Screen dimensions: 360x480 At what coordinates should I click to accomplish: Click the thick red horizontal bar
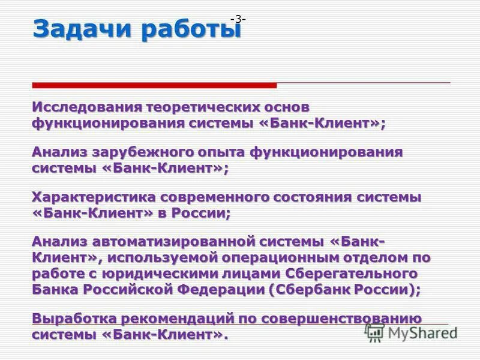click(x=154, y=85)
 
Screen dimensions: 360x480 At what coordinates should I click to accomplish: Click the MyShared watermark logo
click(x=412, y=332)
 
